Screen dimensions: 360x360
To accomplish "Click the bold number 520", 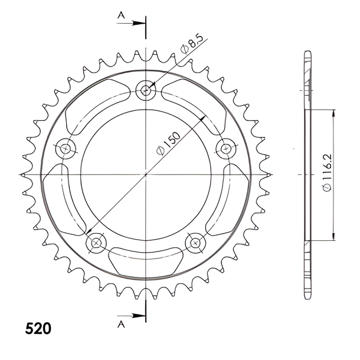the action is point(38,329).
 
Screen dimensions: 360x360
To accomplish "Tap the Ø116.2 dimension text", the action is point(327,172).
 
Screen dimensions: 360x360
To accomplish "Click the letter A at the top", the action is point(121,15).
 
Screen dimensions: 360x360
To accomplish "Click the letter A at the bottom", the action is point(121,324).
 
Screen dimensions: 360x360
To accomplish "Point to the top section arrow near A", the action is point(131,23).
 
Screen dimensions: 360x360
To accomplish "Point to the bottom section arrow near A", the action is point(131,316).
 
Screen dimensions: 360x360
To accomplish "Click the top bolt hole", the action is point(146,90).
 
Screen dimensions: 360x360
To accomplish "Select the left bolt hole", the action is point(66,149).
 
